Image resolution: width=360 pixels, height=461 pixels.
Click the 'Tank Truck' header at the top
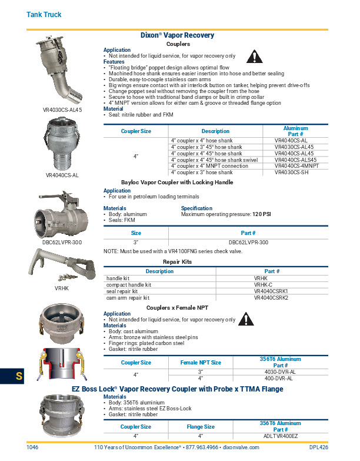(x=44, y=14)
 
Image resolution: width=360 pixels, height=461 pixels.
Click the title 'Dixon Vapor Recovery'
(x=177, y=35)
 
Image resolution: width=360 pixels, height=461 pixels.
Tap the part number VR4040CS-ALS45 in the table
(x=295, y=160)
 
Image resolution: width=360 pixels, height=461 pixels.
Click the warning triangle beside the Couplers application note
(x=253, y=57)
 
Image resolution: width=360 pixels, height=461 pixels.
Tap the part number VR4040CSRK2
(x=271, y=298)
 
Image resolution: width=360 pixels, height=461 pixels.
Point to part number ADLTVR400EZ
(x=281, y=436)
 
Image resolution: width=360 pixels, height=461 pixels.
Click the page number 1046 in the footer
(x=33, y=447)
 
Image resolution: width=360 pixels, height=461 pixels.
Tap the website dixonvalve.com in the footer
(x=241, y=447)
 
